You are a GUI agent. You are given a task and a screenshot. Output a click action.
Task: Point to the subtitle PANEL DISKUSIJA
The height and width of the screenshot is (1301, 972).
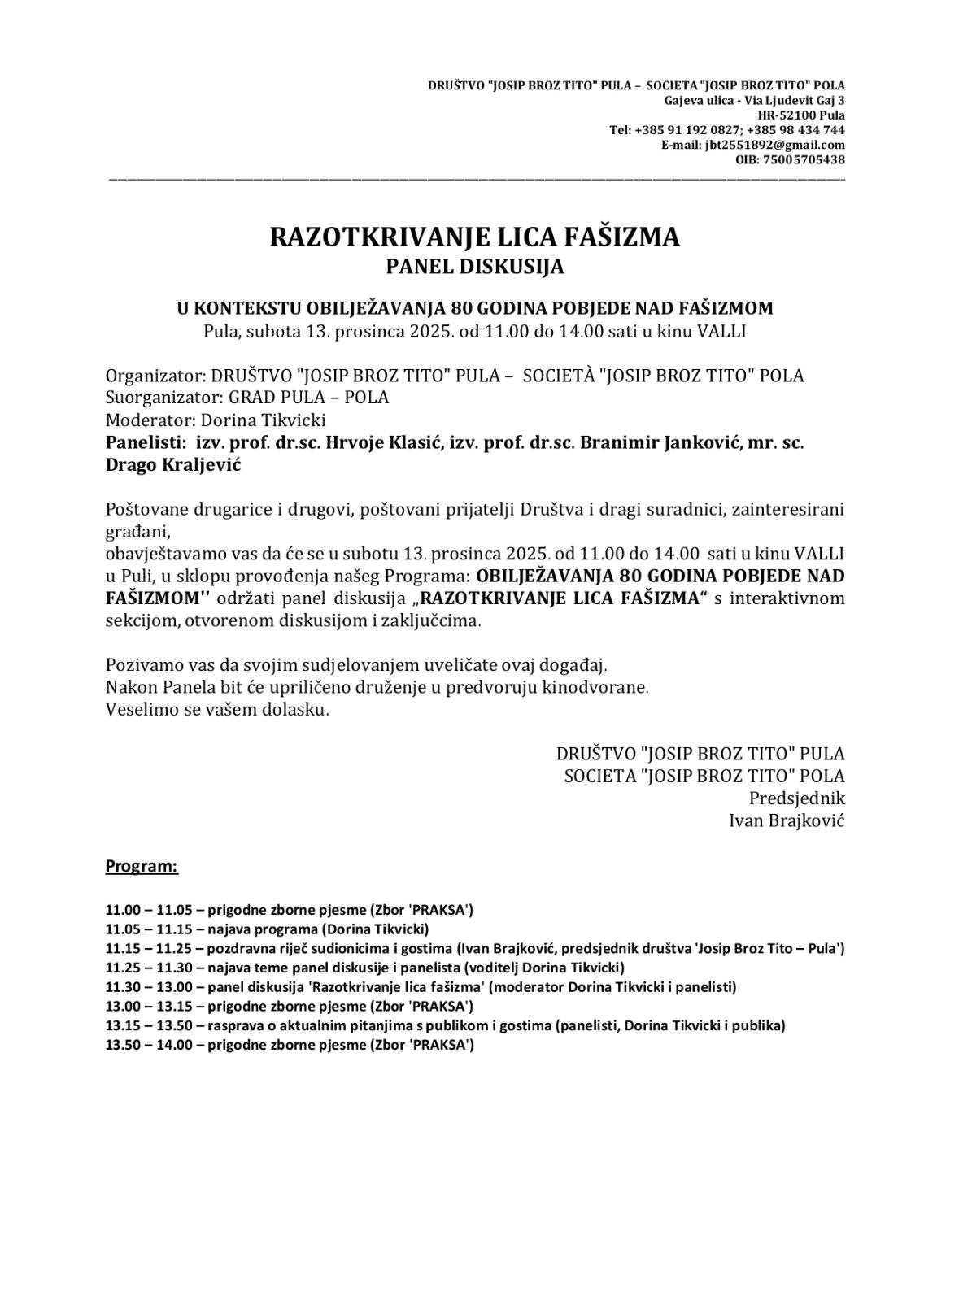tap(474, 267)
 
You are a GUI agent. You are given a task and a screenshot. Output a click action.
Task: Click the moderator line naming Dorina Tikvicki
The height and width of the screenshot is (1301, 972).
tap(216, 420)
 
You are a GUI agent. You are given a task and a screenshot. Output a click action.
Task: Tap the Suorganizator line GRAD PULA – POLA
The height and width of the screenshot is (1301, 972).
tap(247, 398)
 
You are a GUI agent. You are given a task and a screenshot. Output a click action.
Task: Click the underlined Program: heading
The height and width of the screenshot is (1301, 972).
tap(142, 866)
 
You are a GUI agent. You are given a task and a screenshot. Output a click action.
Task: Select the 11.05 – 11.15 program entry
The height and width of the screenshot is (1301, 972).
tap(267, 929)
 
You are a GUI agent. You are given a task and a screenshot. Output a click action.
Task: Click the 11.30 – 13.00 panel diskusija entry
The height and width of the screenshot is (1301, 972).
tap(421, 987)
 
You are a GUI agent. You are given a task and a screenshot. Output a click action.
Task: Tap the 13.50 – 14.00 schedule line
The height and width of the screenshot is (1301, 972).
tap(290, 1046)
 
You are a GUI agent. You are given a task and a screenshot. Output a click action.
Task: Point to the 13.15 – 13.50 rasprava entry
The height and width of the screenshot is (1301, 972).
tap(445, 1026)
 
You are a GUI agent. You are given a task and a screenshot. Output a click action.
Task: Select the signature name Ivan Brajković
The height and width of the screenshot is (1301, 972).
tap(787, 820)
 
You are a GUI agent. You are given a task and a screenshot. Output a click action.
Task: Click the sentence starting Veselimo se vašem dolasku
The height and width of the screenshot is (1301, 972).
tap(217, 709)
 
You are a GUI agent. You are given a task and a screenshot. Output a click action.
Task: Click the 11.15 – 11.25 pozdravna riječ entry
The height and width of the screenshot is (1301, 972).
tap(474, 948)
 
